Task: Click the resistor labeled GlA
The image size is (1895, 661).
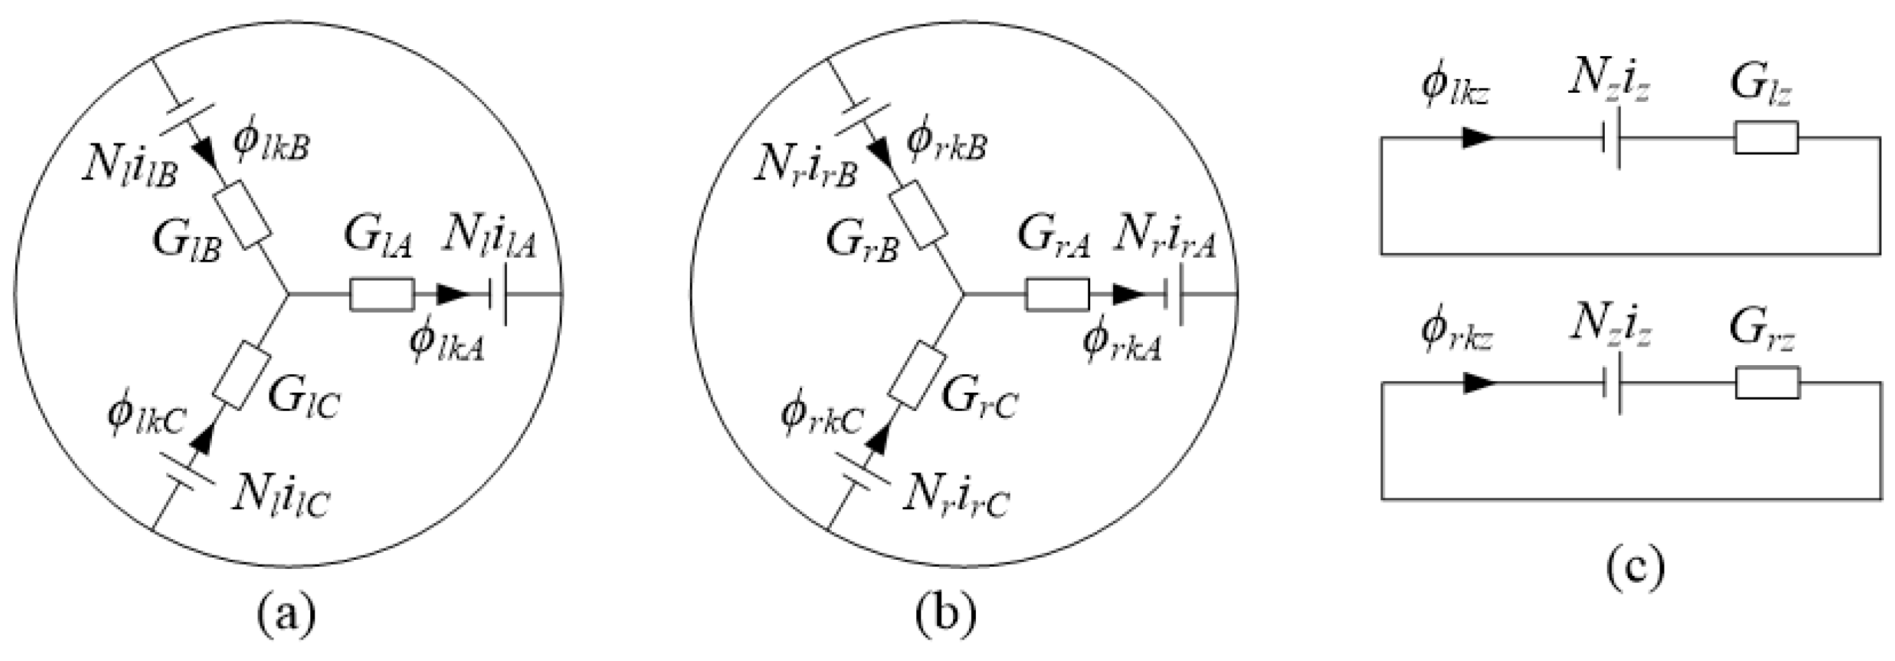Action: [x=381, y=295]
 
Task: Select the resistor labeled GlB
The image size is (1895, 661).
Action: [x=242, y=220]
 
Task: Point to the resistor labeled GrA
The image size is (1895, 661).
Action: [x=1057, y=295]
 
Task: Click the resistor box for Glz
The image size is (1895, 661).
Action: [x=1766, y=138]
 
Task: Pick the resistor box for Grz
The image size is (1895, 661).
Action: [x=1768, y=382]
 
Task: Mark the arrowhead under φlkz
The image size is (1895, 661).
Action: [x=1478, y=138]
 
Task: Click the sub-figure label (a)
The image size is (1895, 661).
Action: [x=286, y=612]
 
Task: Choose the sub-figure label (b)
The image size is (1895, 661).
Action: [x=946, y=612]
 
